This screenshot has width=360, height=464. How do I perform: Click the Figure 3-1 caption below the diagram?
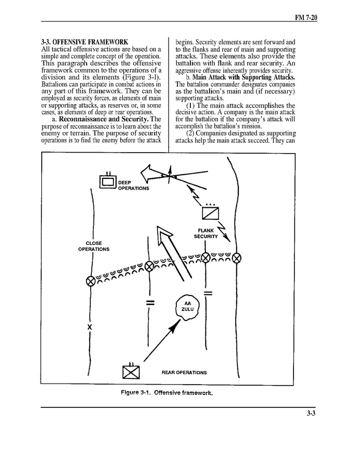click(167, 392)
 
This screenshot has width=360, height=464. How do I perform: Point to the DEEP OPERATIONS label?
click(133, 186)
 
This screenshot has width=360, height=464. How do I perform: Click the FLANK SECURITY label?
click(206, 233)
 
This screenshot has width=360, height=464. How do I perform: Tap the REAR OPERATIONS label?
click(184, 372)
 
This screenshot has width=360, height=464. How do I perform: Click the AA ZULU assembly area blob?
click(187, 306)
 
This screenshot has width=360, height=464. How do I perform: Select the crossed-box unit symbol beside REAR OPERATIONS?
click(131, 372)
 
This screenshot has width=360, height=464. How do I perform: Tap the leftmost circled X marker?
click(90, 280)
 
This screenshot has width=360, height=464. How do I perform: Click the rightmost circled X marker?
click(237, 257)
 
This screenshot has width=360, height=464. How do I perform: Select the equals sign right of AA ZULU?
click(208, 293)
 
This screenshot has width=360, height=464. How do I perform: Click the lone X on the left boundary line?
click(90, 327)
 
